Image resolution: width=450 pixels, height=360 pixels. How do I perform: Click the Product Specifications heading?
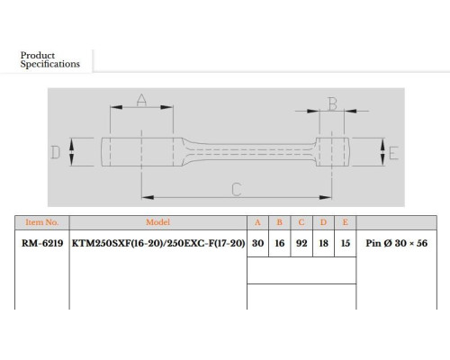pyautogui.click(x=49, y=59)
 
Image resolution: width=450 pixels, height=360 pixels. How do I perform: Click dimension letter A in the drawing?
pyautogui.click(x=141, y=100)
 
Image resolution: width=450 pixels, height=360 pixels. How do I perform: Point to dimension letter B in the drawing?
pyautogui.click(x=333, y=103)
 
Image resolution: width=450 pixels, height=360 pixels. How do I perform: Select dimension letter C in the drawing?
pyautogui.click(x=237, y=189)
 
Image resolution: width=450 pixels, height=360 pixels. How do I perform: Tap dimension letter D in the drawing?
pyautogui.click(x=55, y=152)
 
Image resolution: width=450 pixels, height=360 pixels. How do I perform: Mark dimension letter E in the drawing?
pyautogui.click(x=393, y=153)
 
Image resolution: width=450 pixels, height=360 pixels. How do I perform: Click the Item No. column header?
pyautogui.click(x=42, y=222)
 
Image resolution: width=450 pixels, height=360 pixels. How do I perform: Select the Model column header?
pyautogui.click(x=157, y=222)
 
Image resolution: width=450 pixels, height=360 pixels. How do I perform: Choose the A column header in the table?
pyautogui.click(x=257, y=222)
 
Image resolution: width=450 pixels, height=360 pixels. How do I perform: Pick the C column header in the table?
pyautogui.click(x=301, y=222)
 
